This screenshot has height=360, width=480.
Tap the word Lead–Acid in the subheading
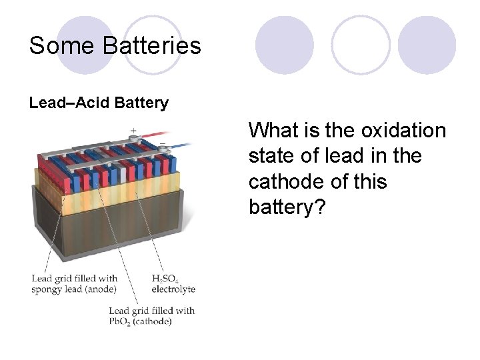click(70, 103)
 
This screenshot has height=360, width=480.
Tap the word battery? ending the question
click(287, 207)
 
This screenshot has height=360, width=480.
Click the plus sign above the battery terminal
click(133, 130)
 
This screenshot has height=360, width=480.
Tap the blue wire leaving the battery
click(183, 145)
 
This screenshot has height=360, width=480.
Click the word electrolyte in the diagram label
click(173, 289)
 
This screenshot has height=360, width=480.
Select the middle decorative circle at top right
click(361, 45)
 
